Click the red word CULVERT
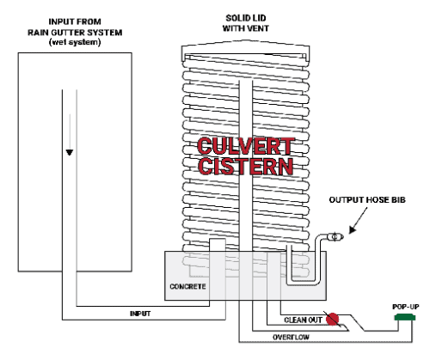245,146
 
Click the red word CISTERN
245,166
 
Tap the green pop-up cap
405,317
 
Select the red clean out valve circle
333,319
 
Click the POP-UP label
406,307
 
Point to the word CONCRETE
187,286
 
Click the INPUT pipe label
140,314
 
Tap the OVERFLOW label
291,337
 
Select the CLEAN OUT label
303,320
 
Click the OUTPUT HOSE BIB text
367,200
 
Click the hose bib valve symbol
335,237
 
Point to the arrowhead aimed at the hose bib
353,229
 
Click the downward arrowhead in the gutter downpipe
70,152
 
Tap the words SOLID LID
246,18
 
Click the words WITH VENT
246,28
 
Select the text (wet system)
75,42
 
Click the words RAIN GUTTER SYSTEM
75,33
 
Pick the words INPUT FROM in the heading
75,21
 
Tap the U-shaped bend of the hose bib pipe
304,283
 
